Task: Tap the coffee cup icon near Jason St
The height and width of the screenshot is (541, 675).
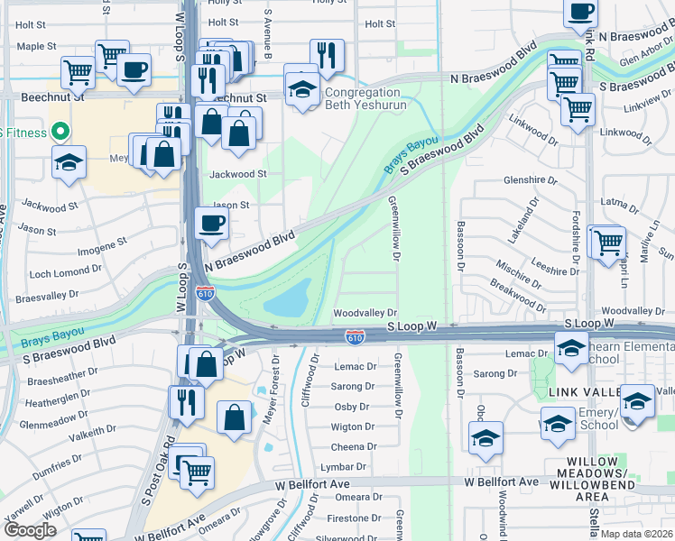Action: pos(212,223)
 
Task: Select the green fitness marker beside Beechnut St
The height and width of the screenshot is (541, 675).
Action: pos(60,132)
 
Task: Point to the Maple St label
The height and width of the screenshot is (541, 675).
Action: pos(36,46)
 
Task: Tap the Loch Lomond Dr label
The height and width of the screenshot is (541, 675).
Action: pos(65,270)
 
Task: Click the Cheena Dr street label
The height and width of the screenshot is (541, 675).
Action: pos(347,447)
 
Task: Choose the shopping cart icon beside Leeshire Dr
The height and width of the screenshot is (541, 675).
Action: pos(609,241)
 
